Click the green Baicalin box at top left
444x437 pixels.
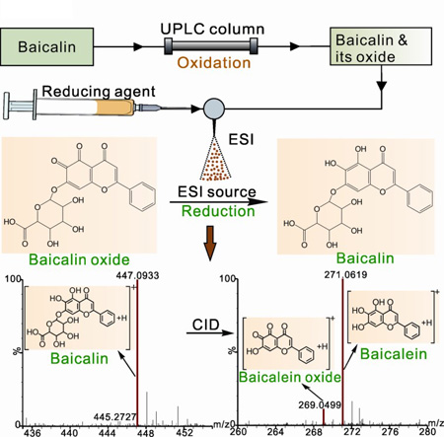(x=47, y=46)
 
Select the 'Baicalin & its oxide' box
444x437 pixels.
(x=381, y=46)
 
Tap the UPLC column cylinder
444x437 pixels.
(x=211, y=45)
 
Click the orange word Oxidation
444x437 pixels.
(x=214, y=62)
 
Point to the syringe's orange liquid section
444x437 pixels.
(x=115, y=108)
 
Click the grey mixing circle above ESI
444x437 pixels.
(x=214, y=109)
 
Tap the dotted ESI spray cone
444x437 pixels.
(x=215, y=159)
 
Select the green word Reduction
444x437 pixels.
(x=218, y=211)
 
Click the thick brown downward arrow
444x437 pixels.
(x=210, y=243)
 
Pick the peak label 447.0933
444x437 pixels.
(x=137, y=275)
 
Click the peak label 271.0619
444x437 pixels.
(x=345, y=274)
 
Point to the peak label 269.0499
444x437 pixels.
(x=320, y=405)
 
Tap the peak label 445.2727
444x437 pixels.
(x=114, y=417)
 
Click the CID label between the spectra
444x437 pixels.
(x=206, y=325)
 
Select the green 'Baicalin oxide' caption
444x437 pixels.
(x=79, y=259)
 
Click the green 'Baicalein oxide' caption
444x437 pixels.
(x=290, y=377)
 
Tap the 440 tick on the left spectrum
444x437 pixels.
(x=69, y=432)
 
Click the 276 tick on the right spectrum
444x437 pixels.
(x=390, y=431)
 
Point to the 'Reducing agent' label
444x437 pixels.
(x=99, y=92)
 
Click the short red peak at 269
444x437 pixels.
(x=324, y=417)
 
